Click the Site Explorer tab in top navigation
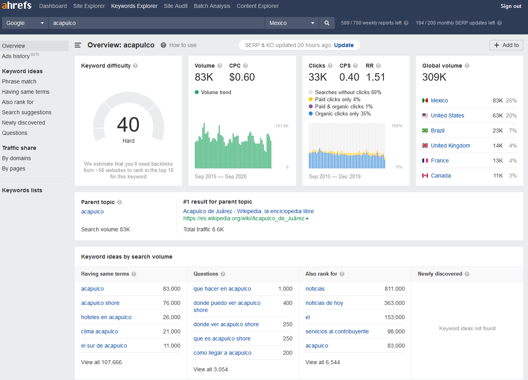(89, 6)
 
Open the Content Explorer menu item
(257, 6)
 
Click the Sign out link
(511, 6)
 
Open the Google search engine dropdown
(25, 23)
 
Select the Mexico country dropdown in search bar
(292, 23)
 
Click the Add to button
(506, 45)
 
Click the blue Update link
(344, 45)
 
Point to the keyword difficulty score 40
(128, 125)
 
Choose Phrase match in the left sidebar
(19, 81)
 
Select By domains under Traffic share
(16, 158)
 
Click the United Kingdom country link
(450, 146)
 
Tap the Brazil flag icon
(425, 130)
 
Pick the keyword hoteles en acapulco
(106, 317)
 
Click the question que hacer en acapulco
(222, 289)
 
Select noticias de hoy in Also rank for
(324, 303)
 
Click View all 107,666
(101, 362)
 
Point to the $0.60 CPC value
(242, 77)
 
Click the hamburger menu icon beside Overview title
(78, 45)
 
